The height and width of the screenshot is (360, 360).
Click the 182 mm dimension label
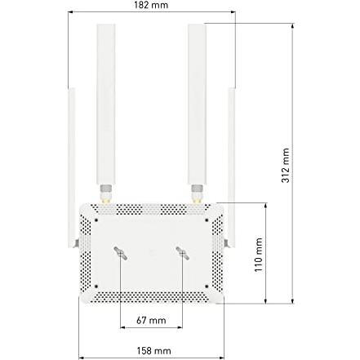[151, 5]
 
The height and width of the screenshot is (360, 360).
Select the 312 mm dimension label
[286, 166]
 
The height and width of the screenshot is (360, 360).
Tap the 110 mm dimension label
[259, 255]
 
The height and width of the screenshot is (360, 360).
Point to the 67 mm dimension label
[151, 320]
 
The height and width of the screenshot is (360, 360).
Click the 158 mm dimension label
[153, 351]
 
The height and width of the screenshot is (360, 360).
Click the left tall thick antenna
[106, 104]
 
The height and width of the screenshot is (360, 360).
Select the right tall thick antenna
[197, 104]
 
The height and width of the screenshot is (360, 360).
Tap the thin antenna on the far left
[72, 167]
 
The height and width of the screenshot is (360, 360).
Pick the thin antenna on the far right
[232, 167]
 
